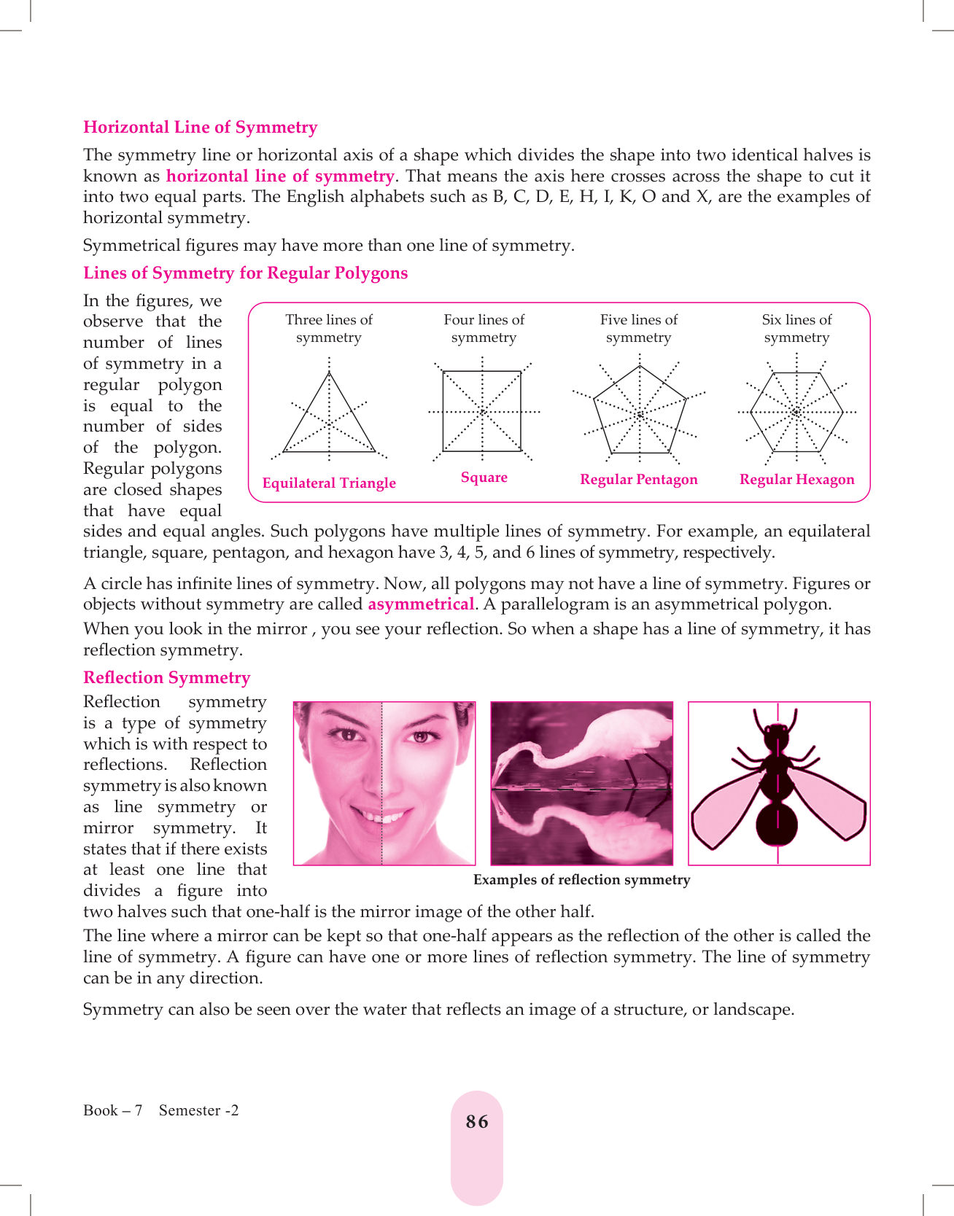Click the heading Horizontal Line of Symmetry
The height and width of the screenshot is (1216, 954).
[x=200, y=128]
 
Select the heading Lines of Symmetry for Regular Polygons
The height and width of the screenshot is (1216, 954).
[x=245, y=273]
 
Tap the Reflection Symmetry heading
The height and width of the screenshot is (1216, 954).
[x=166, y=678]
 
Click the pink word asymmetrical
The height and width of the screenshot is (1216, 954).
[x=421, y=604]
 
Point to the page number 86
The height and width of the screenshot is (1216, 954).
[x=477, y=1122]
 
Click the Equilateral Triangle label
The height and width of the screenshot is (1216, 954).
[x=329, y=483]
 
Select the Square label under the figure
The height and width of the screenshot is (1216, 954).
[x=484, y=478]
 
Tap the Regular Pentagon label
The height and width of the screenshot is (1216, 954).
[x=638, y=480]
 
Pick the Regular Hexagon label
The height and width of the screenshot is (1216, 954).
[x=796, y=480]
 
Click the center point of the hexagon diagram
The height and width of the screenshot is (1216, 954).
[x=796, y=413]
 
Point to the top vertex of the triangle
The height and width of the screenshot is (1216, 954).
[x=330, y=373]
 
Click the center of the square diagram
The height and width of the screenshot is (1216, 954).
[x=482, y=412]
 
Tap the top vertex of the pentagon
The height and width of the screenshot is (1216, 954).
[x=640, y=366]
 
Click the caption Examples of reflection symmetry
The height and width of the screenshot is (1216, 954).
[x=581, y=880]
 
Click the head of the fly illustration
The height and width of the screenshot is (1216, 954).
[x=777, y=730]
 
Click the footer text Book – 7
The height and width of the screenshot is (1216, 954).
[x=112, y=1111]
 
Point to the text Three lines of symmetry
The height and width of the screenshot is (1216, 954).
[x=329, y=329]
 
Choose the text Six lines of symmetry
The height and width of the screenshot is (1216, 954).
[x=796, y=329]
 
